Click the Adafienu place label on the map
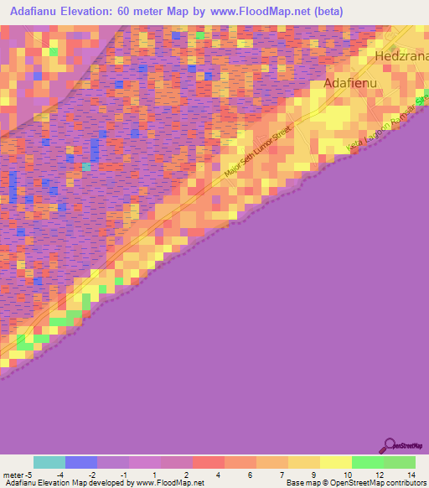point(352,84)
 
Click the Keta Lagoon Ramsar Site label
point(386,130)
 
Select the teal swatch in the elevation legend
point(49,462)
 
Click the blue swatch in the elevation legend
point(81,462)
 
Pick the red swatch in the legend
point(208,462)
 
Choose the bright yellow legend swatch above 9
point(335,462)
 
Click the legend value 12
point(379,475)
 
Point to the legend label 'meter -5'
point(18,475)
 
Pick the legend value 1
point(156,475)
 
